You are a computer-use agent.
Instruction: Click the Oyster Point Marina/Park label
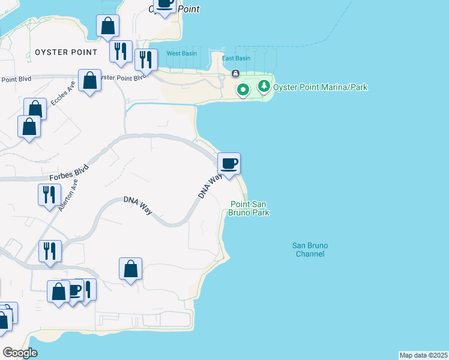point(320,88)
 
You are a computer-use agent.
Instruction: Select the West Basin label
point(181,53)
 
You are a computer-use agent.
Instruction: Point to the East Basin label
point(236,58)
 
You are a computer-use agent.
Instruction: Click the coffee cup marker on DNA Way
point(229,164)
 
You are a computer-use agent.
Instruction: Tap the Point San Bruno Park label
point(250,208)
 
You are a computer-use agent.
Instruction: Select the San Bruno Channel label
point(310,250)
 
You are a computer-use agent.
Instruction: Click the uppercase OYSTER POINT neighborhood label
point(66,52)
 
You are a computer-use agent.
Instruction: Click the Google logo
point(20,353)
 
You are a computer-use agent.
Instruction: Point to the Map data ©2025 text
point(423,355)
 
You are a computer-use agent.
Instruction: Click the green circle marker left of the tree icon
point(243,91)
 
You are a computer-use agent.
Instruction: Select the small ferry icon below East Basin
point(235,74)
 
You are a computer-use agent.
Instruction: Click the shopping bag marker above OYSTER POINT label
point(107,26)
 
